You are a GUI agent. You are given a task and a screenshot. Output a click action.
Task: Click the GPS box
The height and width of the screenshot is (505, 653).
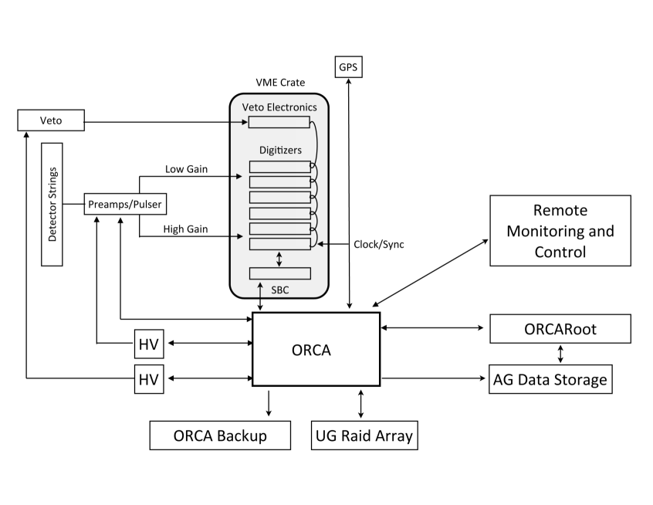tap(349, 67)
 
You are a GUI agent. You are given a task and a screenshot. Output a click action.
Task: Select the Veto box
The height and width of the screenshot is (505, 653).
tap(51, 120)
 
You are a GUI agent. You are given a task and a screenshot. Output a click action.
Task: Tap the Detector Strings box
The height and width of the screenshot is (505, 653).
tap(52, 205)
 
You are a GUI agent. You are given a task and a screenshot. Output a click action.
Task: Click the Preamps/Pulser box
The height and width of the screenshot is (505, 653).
tap(125, 204)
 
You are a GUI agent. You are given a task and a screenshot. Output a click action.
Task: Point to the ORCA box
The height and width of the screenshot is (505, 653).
tap(316, 349)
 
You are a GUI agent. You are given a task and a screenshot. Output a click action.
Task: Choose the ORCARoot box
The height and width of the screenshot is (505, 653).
tap(560, 329)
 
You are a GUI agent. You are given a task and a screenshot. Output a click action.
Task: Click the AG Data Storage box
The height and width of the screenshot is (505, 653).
tap(550, 379)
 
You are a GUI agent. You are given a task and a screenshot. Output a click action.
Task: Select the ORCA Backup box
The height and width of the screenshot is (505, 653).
tap(220, 436)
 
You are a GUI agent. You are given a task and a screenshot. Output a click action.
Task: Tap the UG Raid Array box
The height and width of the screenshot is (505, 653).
tap(364, 436)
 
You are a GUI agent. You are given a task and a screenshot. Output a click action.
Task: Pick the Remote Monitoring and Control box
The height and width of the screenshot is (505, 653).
tap(560, 231)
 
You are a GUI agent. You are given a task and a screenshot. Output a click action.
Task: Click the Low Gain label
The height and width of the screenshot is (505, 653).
tap(186, 169)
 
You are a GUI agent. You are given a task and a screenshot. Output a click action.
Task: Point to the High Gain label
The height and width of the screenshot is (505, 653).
tap(185, 229)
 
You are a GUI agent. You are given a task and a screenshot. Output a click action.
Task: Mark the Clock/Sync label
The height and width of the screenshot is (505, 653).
tap(378, 245)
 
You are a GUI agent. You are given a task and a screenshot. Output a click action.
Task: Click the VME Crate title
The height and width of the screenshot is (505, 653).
tap(280, 83)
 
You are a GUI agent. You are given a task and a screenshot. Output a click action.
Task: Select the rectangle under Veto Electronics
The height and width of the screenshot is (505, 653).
tap(279, 123)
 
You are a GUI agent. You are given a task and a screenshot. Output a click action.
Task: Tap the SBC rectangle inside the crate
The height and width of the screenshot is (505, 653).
tap(280, 273)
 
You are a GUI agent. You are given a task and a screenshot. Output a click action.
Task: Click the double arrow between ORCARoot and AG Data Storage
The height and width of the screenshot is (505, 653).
tap(560, 354)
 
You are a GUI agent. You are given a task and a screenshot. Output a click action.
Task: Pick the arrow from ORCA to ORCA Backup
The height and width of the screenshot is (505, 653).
tap(269, 403)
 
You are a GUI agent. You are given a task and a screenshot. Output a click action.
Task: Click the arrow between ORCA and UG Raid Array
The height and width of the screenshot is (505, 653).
tap(360, 404)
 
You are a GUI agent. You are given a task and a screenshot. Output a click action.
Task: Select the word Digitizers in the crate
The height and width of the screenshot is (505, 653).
tap(280, 150)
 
